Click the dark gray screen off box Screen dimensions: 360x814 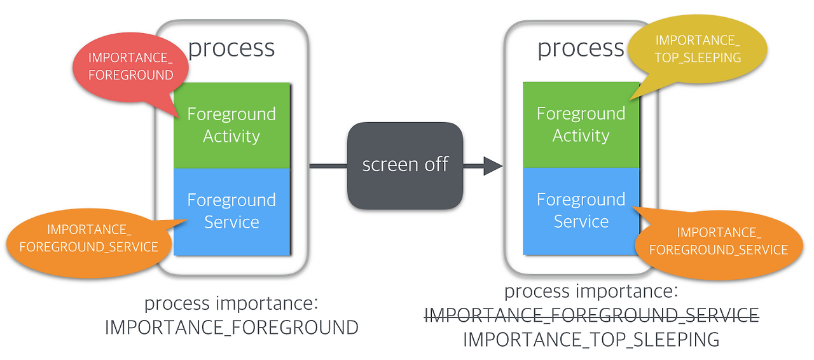click(405, 165)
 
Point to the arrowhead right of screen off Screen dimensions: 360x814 click(493, 166)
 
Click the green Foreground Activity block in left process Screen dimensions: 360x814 click(231, 125)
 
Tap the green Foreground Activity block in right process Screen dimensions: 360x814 click(581, 125)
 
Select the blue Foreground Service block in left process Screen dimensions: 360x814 click(231, 211)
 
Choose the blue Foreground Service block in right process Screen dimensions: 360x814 click(581, 211)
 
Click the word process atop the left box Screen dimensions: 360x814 click(231, 48)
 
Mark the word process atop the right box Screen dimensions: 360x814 click(581, 48)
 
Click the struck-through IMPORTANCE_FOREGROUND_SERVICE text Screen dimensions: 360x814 click(591, 315)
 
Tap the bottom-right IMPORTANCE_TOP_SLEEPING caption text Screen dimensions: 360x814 click(591, 339)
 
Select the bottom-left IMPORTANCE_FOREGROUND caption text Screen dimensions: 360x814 click(231, 328)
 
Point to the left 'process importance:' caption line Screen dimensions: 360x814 click(231, 303)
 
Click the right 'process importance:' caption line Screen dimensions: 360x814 click(591, 291)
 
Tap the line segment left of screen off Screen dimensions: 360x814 click(328, 166)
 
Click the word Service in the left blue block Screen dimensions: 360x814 click(231, 222)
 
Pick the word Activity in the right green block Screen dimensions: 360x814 click(581, 135)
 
